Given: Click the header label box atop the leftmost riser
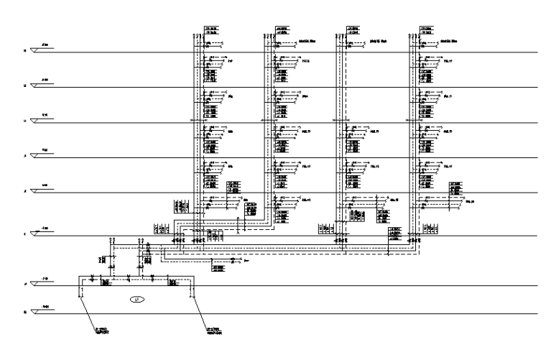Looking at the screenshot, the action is tap(211, 30).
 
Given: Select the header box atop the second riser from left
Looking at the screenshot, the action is tap(282, 30).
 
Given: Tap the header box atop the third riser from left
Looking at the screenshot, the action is tap(352, 30).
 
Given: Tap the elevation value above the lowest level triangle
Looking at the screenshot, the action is tap(45, 307).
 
